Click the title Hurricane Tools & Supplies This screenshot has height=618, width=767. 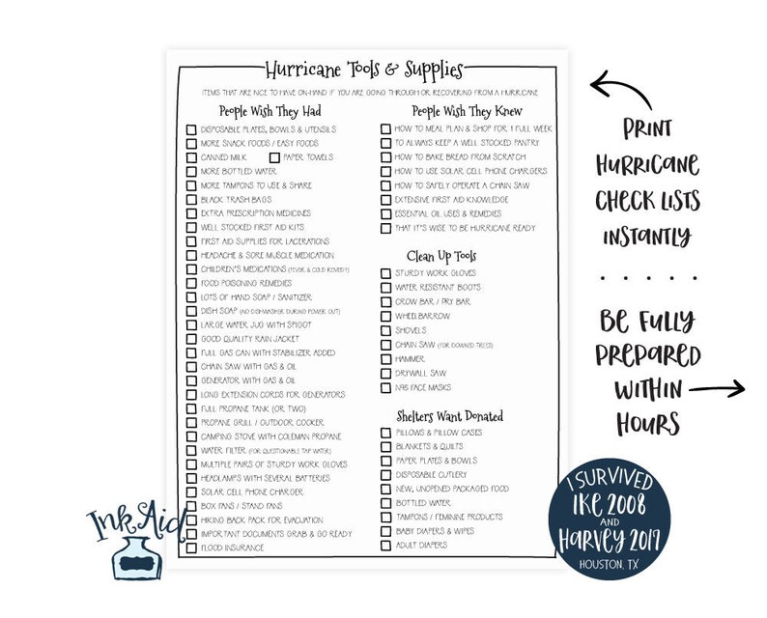point(364,70)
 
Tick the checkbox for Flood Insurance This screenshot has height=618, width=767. point(191,548)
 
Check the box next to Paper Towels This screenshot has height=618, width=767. point(274,156)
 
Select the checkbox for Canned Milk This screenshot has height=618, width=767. point(191,156)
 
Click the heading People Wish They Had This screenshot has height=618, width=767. point(270,110)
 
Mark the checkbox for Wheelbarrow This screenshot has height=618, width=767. point(385,316)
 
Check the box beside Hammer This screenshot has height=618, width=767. point(385,358)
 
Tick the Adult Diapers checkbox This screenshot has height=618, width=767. point(385,546)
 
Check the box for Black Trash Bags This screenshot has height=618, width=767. point(191,199)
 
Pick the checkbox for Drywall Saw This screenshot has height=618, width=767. point(385,373)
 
